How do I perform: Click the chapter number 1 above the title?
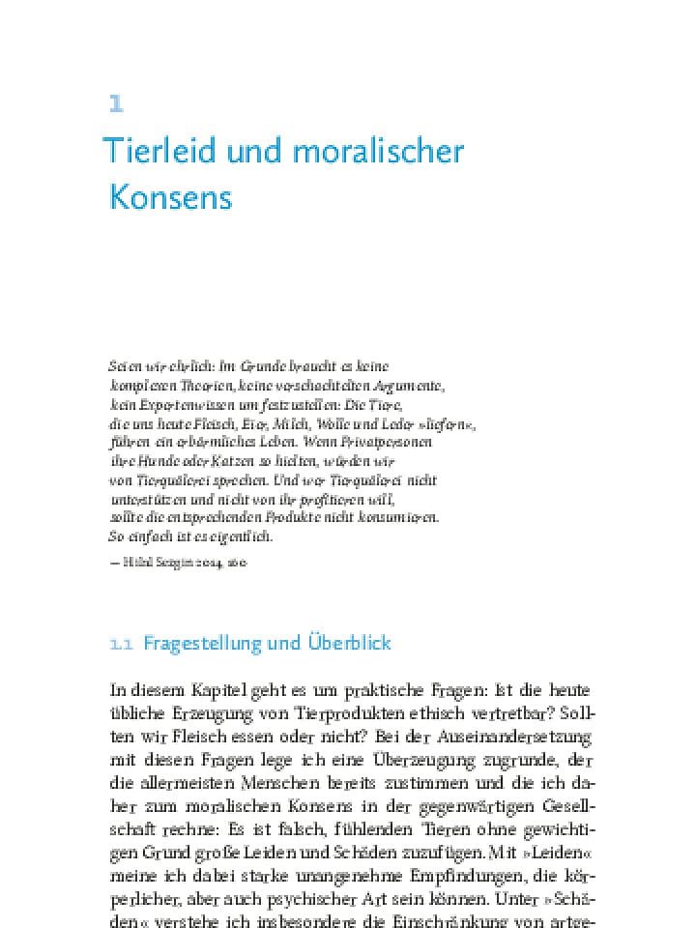116,104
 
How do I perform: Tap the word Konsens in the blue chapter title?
171,197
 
